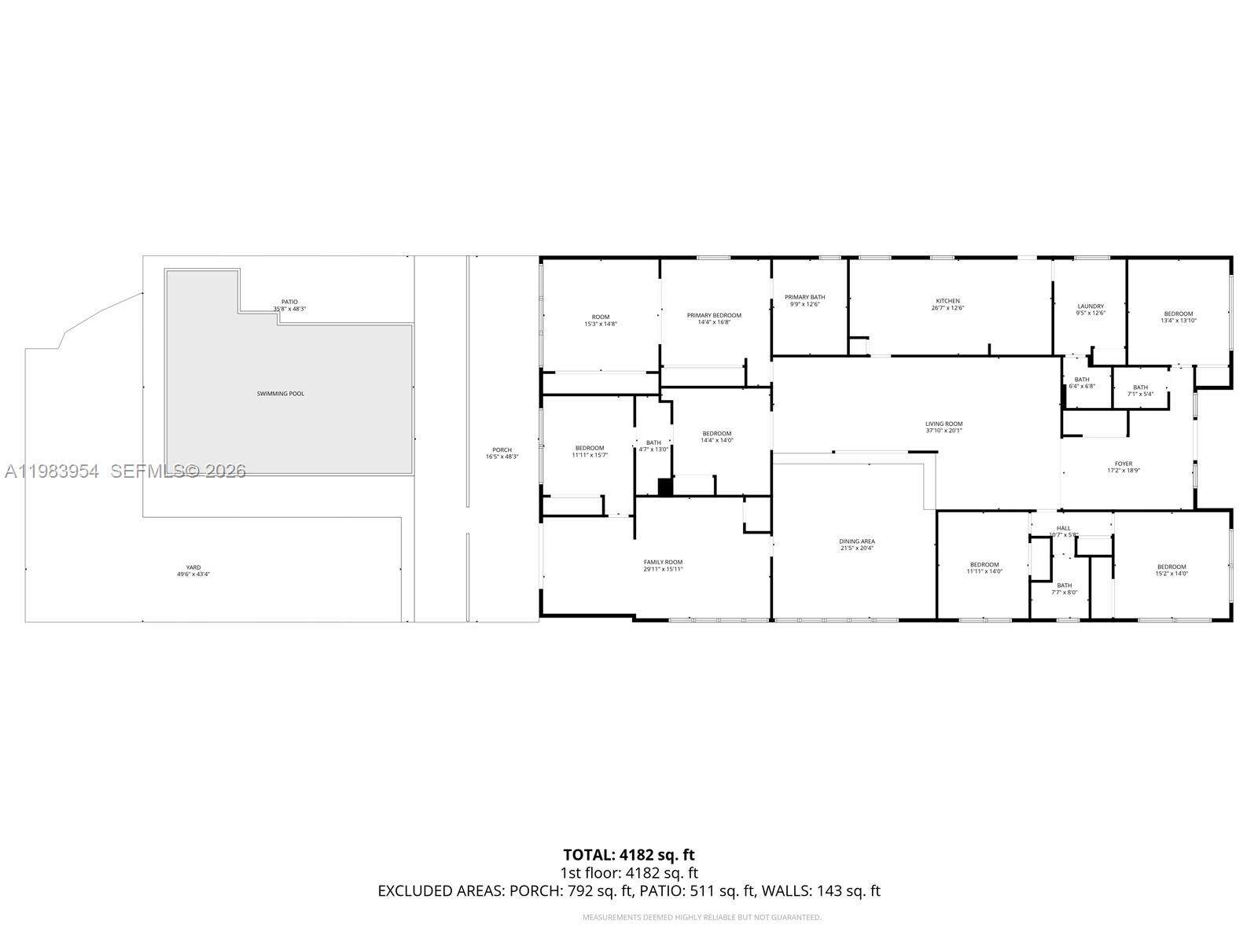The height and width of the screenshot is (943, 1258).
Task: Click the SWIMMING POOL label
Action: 281,393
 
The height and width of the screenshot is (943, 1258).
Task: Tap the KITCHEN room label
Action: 947,301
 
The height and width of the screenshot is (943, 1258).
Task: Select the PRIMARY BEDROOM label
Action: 714,315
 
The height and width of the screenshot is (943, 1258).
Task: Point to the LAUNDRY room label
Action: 1091,306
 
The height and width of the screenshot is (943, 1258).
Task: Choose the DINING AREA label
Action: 856,541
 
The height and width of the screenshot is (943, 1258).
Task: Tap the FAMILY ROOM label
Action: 663,562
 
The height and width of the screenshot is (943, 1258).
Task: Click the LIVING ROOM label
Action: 943,424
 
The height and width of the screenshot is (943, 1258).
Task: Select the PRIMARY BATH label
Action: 804,297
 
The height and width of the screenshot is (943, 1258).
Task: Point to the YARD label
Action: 193,567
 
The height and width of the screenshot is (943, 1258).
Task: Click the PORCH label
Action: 502,450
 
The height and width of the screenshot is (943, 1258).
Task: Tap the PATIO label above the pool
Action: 289,302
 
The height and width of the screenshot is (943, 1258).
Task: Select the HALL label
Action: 1063,528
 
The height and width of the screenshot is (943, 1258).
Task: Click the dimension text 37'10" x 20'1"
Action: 943,431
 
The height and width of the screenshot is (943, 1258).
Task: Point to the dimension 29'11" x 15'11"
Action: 663,569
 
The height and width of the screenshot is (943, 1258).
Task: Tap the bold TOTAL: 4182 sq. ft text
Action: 628,855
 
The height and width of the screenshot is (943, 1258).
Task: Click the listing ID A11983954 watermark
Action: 52,472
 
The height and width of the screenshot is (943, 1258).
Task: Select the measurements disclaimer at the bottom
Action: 701,917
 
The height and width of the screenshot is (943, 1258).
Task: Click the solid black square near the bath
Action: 665,487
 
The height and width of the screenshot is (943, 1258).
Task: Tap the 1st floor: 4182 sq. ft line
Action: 628,873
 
